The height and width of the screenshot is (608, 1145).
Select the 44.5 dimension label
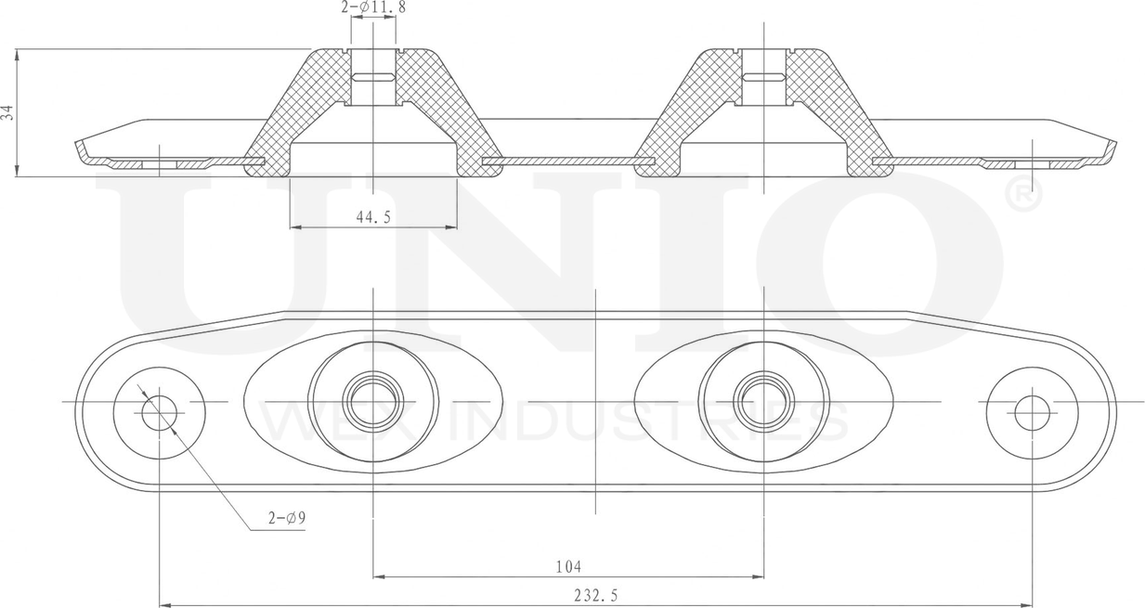pyautogui.click(x=372, y=216)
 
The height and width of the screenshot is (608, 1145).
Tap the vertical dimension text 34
pyautogui.click(x=8, y=112)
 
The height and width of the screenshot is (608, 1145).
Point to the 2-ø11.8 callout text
pyautogui.click(x=372, y=7)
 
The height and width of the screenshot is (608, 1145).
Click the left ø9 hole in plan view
pyautogui.click(x=159, y=413)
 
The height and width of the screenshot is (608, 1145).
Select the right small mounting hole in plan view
pyautogui.click(x=1032, y=413)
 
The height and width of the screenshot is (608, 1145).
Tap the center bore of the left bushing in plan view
pyautogui.click(x=373, y=402)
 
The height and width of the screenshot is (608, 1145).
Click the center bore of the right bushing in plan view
pyautogui.click(x=763, y=402)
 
